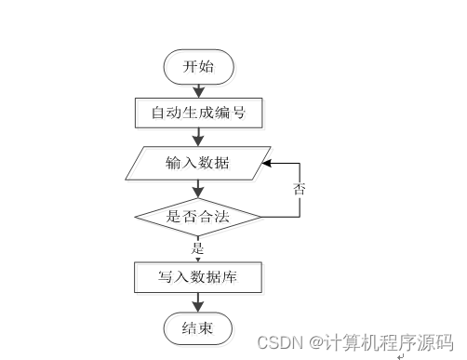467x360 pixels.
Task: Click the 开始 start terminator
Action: click(x=197, y=67)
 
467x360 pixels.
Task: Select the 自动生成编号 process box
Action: click(x=198, y=113)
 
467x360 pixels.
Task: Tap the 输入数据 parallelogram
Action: click(x=198, y=164)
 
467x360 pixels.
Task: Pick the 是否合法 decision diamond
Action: click(x=197, y=218)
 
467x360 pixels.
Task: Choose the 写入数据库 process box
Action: click(x=197, y=276)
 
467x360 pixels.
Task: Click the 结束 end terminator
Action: click(x=197, y=327)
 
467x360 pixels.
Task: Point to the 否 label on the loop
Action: click(x=300, y=189)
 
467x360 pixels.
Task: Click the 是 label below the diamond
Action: click(x=197, y=248)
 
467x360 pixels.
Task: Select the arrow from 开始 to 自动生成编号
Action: click(x=197, y=89)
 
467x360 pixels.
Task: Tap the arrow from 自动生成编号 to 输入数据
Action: click(x=197, y=138)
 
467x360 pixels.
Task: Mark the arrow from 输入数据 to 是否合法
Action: click(x=197, y=189)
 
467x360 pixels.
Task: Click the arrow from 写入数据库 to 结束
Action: click(x=197, y=301)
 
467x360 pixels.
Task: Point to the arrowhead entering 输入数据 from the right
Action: click(x=267, y=163)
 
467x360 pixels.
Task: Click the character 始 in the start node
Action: click(x=208, y=67)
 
